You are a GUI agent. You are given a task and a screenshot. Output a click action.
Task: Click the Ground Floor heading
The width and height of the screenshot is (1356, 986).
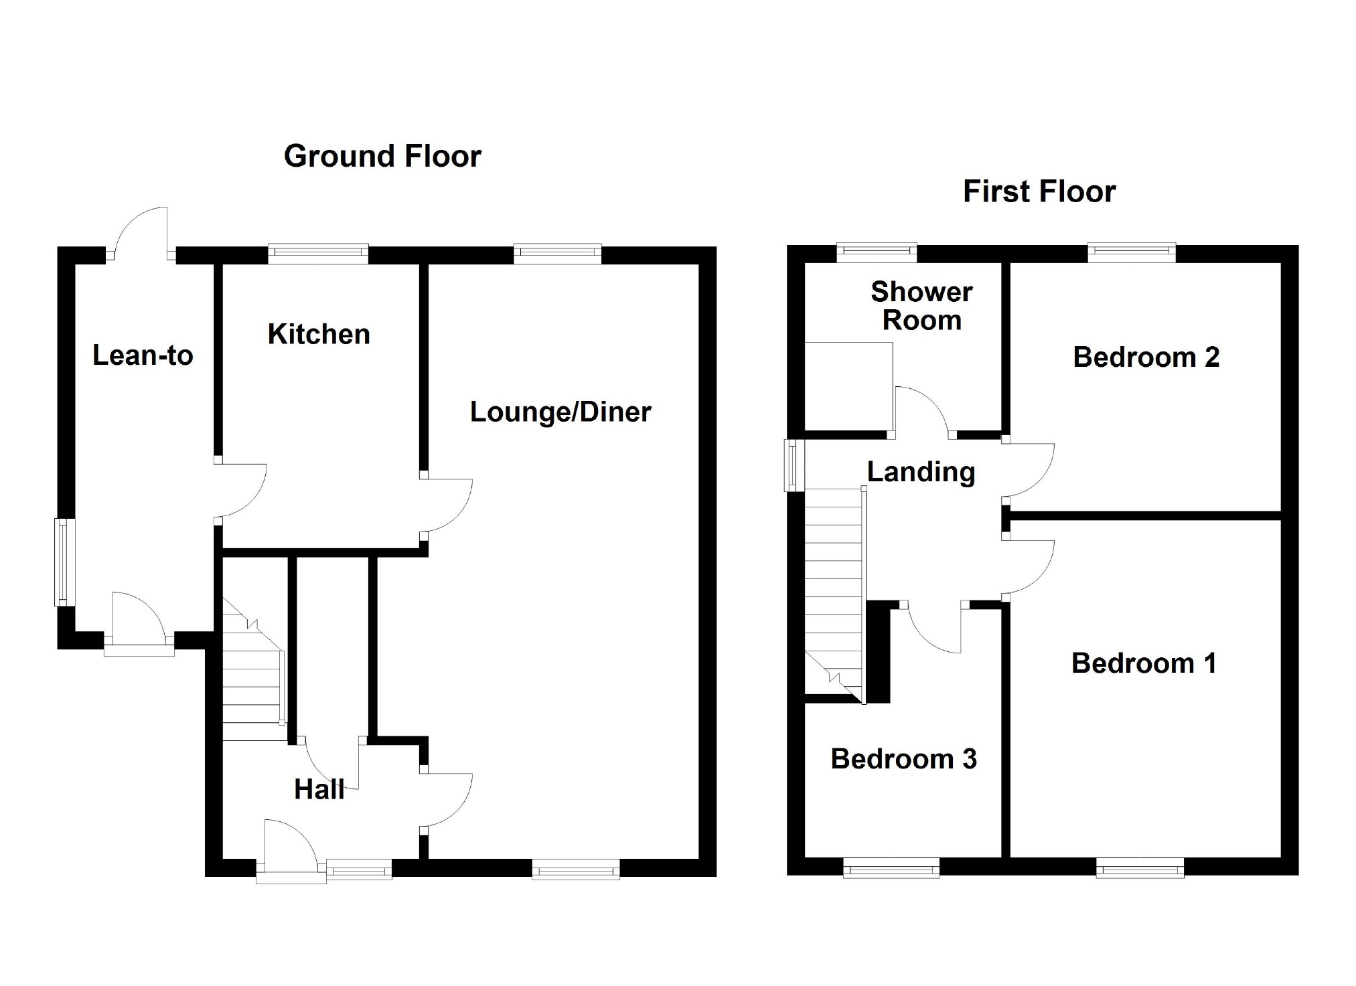coord(382,157)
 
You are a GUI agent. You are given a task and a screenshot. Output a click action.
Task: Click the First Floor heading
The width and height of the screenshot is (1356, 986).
coord(1039,192)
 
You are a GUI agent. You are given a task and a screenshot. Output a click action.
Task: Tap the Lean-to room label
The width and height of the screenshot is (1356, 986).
coord(143,355)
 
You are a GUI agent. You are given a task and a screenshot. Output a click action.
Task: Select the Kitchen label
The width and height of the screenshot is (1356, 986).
coord(319,334)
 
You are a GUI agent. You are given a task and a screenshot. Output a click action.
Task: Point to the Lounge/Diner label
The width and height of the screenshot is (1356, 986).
coord(560,412)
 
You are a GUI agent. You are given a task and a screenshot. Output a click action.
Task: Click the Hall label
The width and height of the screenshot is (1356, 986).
coord(319,790)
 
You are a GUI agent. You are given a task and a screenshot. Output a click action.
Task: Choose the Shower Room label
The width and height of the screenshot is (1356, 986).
coord(921,306)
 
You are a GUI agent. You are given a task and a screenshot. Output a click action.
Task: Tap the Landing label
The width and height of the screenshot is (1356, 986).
coord(921,472)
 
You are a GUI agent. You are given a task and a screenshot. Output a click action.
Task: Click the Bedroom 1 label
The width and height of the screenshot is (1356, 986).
coord(1144,663)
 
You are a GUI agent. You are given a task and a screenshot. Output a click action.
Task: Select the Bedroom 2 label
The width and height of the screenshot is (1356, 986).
coord(1146,357)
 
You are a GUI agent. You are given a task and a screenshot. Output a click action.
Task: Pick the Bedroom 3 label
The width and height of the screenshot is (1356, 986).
coord(903,759)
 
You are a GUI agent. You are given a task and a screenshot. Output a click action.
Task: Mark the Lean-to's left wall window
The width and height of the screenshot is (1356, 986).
coord(63,562)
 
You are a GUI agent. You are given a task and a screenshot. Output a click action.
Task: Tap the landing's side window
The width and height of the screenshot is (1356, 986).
coord(794,465)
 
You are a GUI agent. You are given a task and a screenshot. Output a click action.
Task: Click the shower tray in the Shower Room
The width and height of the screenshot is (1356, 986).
coord(848,386)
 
